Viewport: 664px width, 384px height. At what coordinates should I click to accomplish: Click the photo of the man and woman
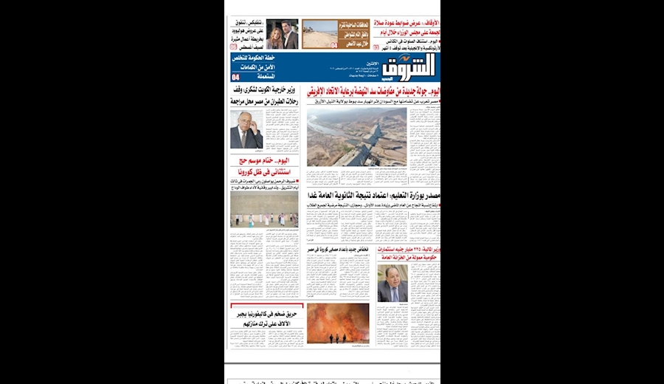click(282, 34)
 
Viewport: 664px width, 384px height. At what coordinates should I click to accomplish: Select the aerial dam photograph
click(356, 137)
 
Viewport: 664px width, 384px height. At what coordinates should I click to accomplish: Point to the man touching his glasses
click(246, 130)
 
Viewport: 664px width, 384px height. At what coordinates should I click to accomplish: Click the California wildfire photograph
click(337, 323)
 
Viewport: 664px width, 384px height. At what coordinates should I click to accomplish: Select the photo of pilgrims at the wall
click(264, 210)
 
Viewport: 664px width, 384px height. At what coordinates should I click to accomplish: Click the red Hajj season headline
click(264, 166)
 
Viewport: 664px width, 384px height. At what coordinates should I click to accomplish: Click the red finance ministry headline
click(408, 254)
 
